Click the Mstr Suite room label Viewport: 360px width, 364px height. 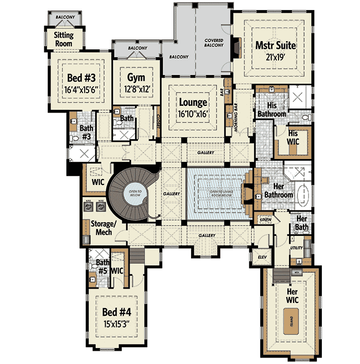point(275,46)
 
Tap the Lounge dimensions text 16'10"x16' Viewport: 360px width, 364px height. point(193,114)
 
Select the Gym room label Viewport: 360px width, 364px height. point(136,77)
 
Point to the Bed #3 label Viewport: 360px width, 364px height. point(80,77)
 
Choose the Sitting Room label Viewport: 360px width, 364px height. point(63,39)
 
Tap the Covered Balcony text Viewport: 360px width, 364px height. point(214,43)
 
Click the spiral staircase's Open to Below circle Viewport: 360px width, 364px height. point(132,191)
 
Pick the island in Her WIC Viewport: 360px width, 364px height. point(291,320)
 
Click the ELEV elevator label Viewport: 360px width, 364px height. point(262,257)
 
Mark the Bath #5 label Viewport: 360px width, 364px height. point(102,266)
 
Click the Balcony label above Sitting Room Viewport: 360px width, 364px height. point(65,17)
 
